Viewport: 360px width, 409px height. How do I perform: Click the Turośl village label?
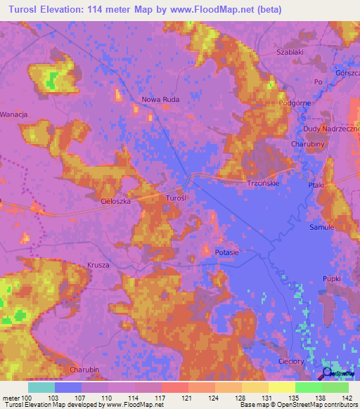176,199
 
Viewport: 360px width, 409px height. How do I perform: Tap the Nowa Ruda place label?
160,100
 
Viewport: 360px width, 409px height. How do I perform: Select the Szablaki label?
290,53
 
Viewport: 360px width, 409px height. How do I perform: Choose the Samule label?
321,228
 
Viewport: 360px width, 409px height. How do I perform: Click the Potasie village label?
227,252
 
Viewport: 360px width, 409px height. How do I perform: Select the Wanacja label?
13,114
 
